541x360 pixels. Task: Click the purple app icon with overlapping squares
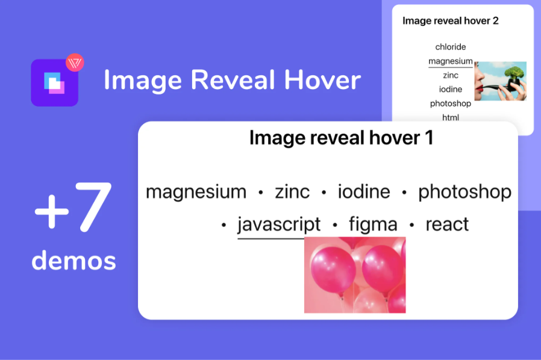[54, 82]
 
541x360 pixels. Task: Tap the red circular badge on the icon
[75, 63]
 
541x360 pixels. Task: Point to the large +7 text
[73, 207]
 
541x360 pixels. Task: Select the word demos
[74, 261]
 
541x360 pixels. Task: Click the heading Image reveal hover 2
[451, 21]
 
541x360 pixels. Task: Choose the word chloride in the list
[451, 47]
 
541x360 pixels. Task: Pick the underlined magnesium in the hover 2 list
[451, 61]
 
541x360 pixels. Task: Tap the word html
[451, 117]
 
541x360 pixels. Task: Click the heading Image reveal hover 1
[341, 138]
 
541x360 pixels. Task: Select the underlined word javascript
[279, 225]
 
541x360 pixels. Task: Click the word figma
[373, 225]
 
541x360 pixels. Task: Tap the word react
[447, 225]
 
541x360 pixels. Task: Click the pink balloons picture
[355, 275]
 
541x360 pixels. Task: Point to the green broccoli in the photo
[514, 73]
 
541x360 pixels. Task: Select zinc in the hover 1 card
[292, 191]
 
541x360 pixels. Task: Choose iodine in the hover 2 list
[451, 89]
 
